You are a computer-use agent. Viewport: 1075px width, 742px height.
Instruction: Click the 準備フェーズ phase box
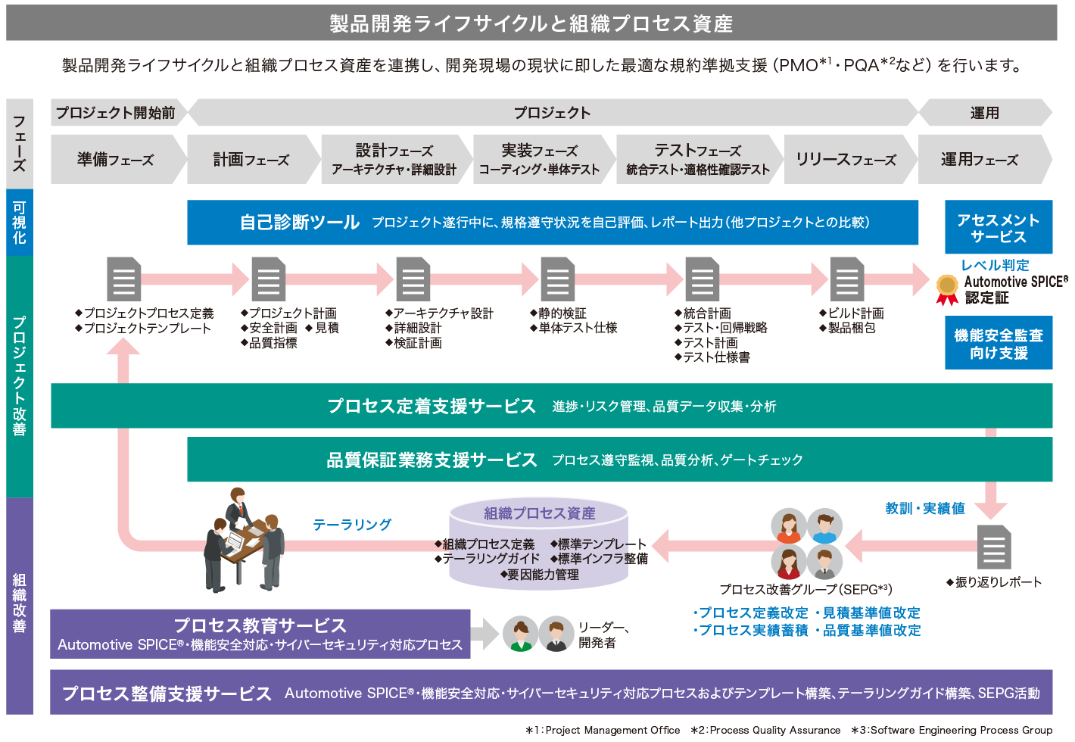(115, 160)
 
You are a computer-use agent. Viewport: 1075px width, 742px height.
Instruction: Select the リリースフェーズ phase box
(846, 160)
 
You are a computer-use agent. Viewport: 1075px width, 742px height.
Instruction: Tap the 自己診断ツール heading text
(300, 223)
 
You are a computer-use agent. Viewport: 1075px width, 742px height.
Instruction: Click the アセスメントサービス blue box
(998, 228)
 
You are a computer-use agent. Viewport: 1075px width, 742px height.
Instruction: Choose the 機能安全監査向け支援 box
(998, 344)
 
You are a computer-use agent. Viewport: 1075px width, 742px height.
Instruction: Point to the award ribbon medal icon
(947, 289)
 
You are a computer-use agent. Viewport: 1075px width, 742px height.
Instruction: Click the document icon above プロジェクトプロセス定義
(123, 279)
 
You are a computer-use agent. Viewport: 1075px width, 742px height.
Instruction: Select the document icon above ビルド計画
(846, 279)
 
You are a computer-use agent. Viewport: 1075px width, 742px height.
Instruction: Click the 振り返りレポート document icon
(994, 547)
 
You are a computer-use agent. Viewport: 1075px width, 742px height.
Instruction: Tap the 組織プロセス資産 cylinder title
(539, 513)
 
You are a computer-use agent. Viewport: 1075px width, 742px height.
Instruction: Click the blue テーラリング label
(352, 524)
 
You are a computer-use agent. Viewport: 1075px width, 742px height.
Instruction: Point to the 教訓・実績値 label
(924, 508)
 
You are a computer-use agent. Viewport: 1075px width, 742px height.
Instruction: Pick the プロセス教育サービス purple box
(260, 634)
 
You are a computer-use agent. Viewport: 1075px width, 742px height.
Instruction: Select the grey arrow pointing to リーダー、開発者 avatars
(485, 634)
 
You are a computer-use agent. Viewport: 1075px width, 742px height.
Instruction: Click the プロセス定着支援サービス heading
(432, 407)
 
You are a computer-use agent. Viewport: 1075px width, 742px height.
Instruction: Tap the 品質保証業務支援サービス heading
(432, 460)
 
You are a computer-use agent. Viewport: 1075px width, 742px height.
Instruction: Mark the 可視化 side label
(19, 223)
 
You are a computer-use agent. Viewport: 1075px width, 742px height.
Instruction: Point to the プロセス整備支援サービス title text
(167, 694)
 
